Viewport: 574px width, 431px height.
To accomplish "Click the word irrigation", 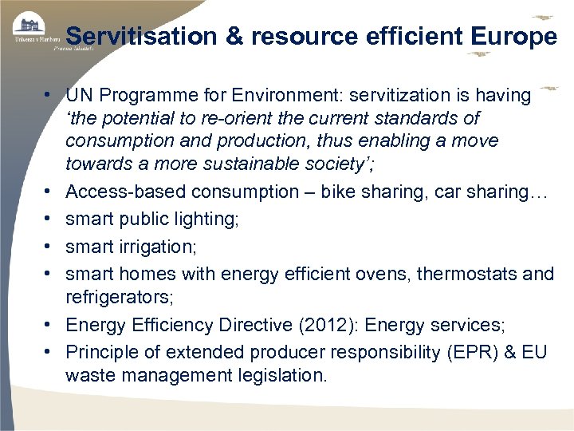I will pyautogui.click(x=155, y=246).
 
